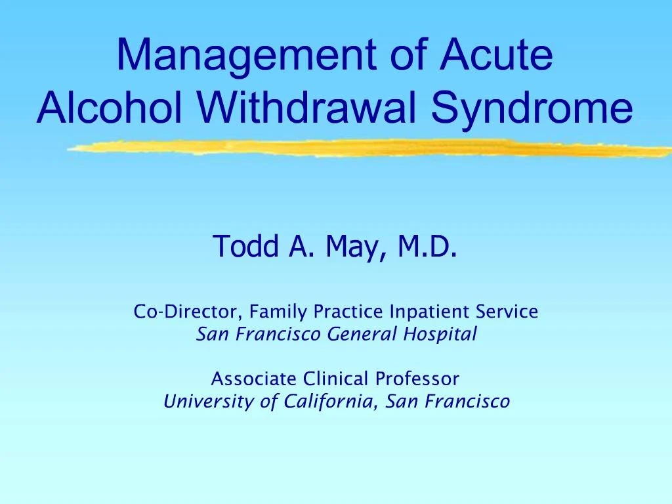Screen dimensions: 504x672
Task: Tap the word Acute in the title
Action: tap(495, 56)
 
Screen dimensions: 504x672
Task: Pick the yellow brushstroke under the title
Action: tap(367, 149)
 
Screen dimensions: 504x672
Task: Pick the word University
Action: tap(209, 402)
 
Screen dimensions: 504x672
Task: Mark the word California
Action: tap(330, 402)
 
